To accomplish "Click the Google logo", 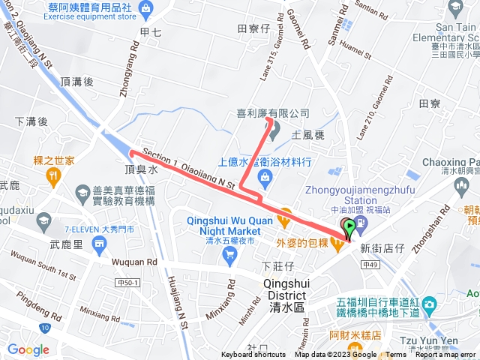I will pos(28,349).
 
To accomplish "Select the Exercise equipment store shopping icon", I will pos(145,10).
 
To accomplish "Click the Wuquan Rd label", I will pos(135,262).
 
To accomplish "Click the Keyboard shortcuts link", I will pos(253,355).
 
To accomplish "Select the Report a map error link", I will pos(447,355).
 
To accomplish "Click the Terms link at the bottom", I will pos(396,355).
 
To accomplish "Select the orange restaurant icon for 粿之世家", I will pos(52,176).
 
